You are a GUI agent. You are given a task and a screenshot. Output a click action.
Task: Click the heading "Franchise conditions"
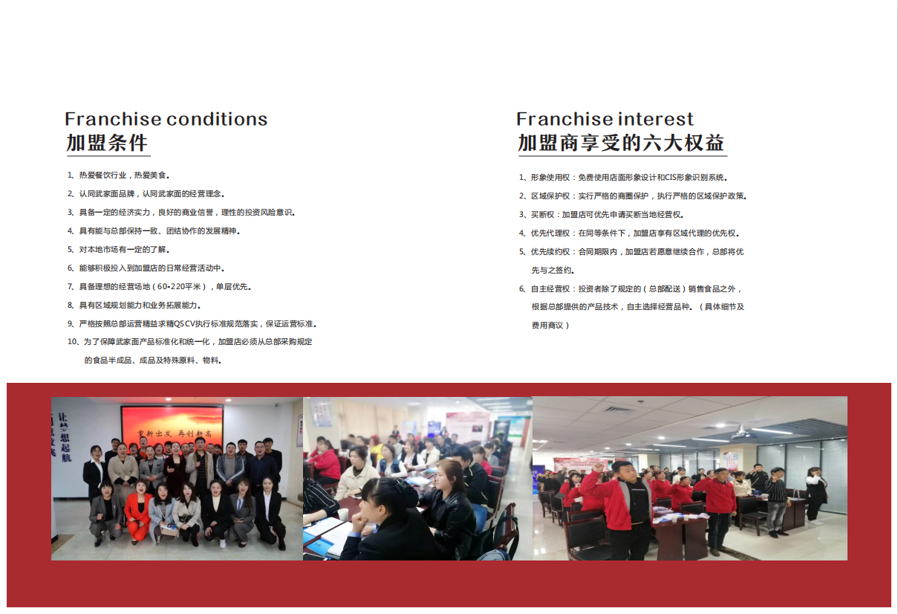coord(166,119)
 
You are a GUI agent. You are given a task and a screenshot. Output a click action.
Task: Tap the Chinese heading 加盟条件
coord(107,143)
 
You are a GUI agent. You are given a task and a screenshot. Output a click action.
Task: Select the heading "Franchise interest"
coord(605,119)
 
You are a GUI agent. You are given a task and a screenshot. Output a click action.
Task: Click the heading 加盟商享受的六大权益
coord(621,143)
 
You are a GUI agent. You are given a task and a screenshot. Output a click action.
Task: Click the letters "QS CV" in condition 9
coord(185,324)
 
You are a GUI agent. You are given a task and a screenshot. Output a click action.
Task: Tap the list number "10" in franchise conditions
coord(73,341)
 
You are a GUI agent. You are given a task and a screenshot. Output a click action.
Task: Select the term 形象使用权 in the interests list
coord(550,178)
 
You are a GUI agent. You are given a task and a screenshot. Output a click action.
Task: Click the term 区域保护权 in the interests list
coord(550,195)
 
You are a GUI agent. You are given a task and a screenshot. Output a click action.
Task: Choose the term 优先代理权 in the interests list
coord(550,233)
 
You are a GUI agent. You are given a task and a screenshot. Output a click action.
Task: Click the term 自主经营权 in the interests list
coord(550,289)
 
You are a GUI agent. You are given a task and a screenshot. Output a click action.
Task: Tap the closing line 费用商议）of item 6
coord(550,326)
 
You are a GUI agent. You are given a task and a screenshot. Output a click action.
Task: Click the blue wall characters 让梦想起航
coord(64,437)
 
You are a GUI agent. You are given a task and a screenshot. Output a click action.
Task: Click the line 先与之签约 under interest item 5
coord(553,271)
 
